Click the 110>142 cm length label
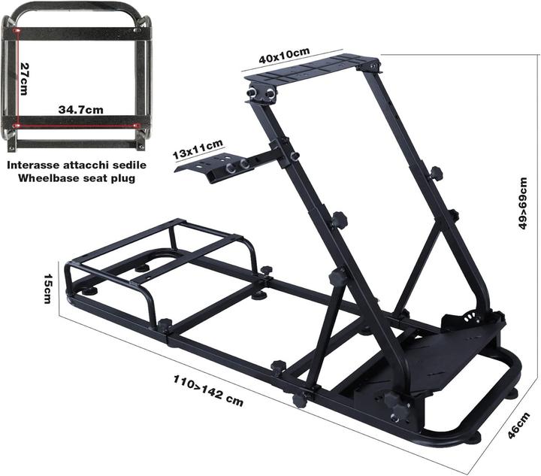[204, 389]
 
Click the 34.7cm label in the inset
[80, 110]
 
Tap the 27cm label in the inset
[25, 78]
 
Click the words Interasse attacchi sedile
[77, 164]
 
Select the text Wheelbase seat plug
[77, 178]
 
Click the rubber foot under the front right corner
[475, 436]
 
